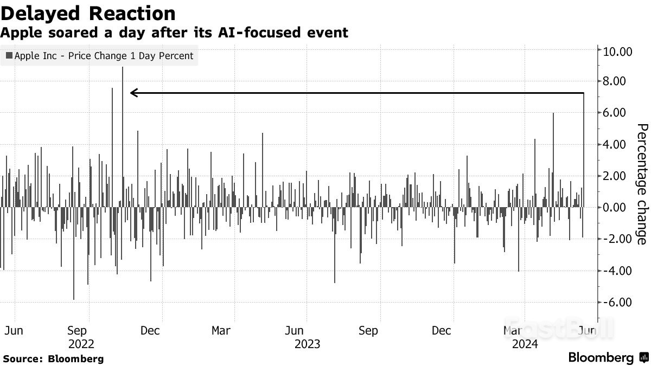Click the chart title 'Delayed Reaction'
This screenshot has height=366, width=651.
88,13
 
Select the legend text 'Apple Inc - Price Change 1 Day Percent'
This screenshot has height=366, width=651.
104,56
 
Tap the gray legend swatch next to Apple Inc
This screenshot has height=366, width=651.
9,56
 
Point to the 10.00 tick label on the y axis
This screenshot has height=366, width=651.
615,51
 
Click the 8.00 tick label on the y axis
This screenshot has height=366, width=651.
615,81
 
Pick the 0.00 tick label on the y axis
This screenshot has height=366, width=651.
615,207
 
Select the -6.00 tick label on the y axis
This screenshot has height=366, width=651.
615,302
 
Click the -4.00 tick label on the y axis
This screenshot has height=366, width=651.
615,271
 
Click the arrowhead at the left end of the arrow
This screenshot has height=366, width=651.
133,93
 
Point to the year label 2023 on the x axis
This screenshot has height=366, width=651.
307,344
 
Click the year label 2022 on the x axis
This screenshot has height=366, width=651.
81,344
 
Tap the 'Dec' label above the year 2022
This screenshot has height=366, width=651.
150,331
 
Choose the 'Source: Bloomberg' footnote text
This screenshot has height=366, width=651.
53,358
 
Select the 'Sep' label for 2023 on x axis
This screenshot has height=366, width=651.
368,331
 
